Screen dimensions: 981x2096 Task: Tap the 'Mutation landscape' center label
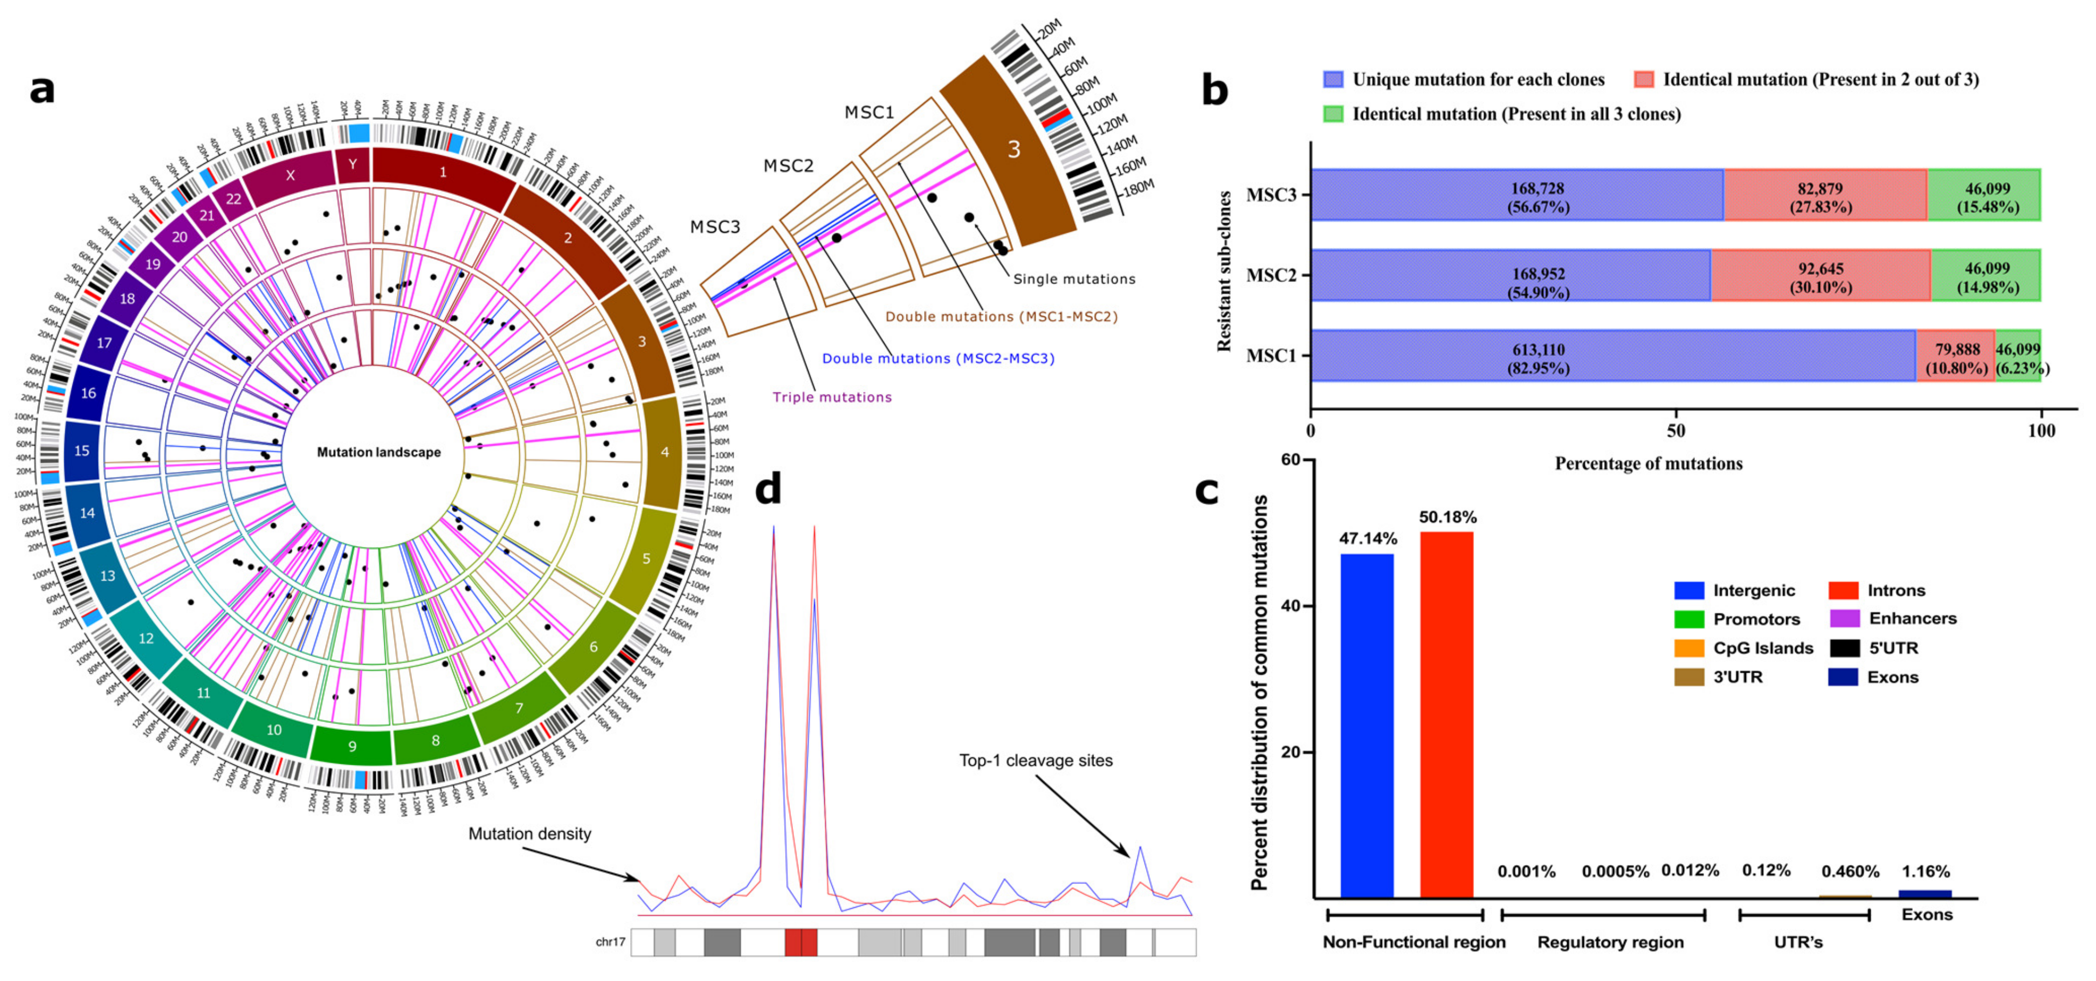378,452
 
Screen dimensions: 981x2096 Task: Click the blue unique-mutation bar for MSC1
1611,355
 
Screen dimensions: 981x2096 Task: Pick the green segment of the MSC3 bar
1985,195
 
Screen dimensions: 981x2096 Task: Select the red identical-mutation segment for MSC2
1819,276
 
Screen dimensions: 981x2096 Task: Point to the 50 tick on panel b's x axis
1676,430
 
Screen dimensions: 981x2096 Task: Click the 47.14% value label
1367,538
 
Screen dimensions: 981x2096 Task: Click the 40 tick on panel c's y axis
1290,606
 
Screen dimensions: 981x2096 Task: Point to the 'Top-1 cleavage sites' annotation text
1035,761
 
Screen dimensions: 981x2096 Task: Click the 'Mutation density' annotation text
530,834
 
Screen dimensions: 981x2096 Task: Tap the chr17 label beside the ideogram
610,942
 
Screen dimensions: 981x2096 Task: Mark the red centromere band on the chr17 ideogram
801,942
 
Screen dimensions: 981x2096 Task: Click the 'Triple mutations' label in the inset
832,397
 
